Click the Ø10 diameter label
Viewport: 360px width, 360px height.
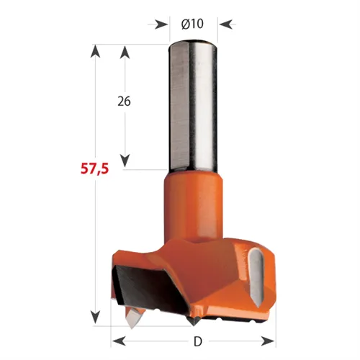coord(193,24)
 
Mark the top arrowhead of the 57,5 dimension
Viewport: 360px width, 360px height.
coord(94,50)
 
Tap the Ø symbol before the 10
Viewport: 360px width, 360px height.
coord(184,24)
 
